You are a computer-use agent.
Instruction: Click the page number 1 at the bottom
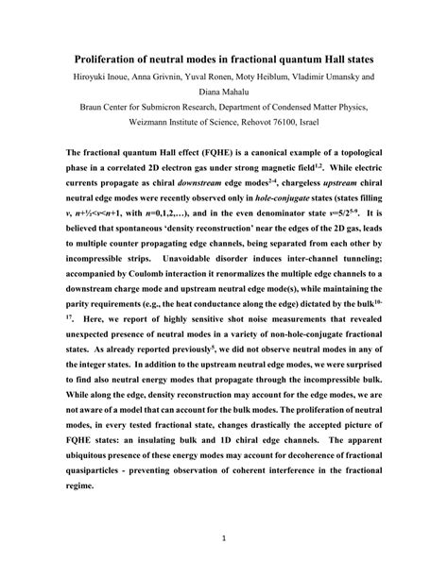[x=223, y=539]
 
